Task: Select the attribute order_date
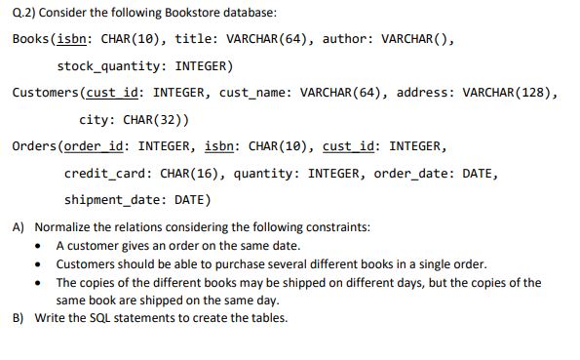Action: click(x=421, y=174)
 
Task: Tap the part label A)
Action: click(x=19, y=227)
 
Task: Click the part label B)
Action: click(x=19, y=317)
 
